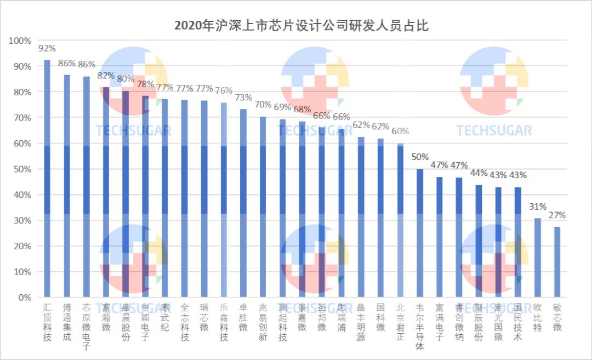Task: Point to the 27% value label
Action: click(x=557, y=215)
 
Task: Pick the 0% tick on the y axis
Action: click(x=25, y=298)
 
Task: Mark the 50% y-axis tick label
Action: click(x=22, y=169)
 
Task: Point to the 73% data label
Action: click(x=243, y=98)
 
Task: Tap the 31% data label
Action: click(x=538, y=207)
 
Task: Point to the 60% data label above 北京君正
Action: click(x=400, y=132)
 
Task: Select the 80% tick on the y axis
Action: click(x=22, y=92)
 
